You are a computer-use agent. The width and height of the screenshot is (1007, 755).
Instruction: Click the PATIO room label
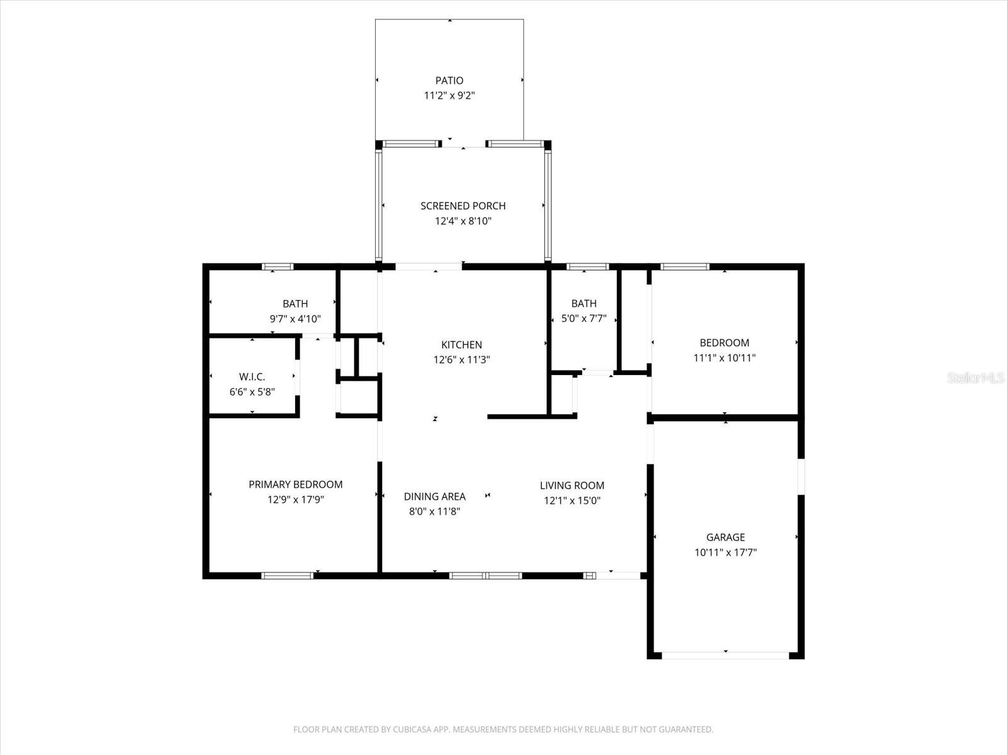tap(449, 81)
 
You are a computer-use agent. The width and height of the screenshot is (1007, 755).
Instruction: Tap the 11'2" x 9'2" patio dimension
tap(449, 96)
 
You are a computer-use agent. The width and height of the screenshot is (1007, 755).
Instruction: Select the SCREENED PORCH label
tap(463, 206)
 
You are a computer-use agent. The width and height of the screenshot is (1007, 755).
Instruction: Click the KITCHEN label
tap(462, 345)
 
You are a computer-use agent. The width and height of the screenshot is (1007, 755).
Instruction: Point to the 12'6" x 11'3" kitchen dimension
tap(462, 360)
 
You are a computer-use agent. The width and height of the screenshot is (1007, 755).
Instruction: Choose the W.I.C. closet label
tap(252, 377)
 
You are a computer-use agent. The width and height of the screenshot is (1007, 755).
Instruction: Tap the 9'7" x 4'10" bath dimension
tap(295, 319)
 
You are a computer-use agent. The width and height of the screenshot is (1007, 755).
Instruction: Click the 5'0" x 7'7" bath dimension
tap(584, 319)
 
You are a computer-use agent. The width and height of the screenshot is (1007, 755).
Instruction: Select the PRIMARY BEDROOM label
tap(296, 484)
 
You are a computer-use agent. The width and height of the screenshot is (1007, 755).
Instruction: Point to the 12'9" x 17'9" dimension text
tap(296, 500)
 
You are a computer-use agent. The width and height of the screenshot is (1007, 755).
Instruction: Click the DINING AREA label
tap(435, 496)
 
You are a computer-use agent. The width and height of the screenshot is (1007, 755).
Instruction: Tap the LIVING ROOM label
tap(572, 486)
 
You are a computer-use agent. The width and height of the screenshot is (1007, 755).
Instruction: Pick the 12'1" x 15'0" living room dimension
tap(572, 501)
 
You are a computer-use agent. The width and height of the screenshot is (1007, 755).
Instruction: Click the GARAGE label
tap(726, 537)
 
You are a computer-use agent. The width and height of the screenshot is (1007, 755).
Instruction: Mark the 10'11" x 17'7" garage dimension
tap(726, 552)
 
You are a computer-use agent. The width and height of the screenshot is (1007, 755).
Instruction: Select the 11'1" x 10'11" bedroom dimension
tap(724, 358)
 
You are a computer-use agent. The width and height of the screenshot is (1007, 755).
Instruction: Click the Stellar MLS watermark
tap(976, 377)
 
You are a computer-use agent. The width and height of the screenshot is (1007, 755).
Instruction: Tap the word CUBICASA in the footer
tap(413, 730)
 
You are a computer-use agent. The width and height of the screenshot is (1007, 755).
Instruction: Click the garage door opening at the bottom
tap(726, 655)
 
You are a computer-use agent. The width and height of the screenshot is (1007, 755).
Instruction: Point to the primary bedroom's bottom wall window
tap(288, 575)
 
